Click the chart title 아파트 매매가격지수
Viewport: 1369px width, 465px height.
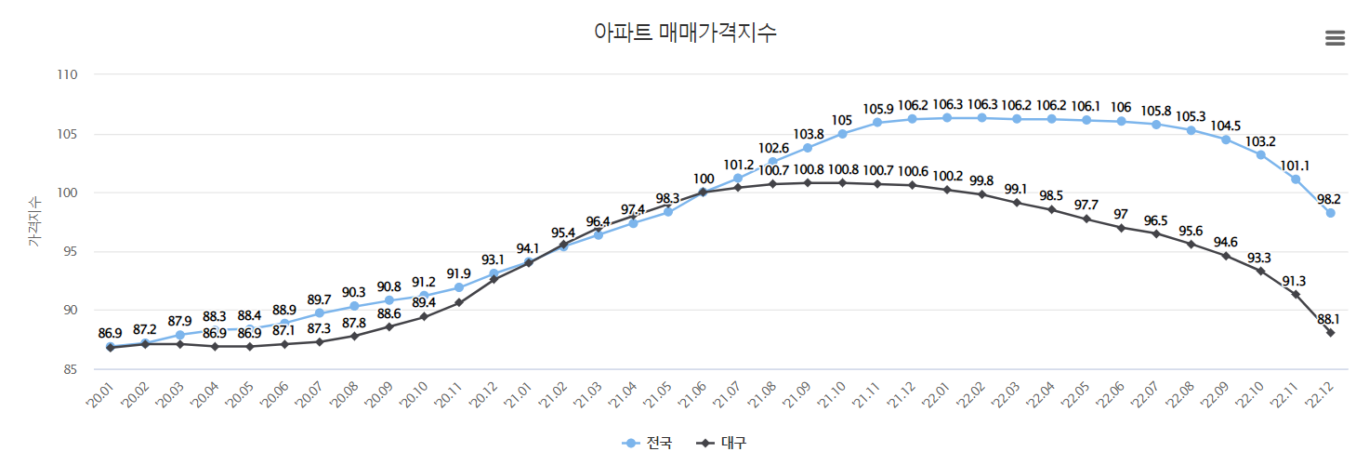(x=685, y=33)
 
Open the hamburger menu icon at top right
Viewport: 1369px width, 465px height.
(x=1335, y=38)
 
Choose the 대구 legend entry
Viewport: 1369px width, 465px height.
(x=722, y=443)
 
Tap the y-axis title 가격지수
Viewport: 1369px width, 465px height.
(x=33, y=221)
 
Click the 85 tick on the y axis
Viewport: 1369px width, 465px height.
(x=67, y=369)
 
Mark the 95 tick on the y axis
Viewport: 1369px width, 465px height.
(x=67, y=251)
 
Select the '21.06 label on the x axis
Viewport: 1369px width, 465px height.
(x=702, y=394)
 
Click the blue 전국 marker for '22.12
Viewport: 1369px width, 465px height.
(x=1330, y=213)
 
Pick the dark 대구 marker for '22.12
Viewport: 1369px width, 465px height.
(x=1330, y=332)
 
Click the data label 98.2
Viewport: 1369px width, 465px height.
(x=1330, y=198)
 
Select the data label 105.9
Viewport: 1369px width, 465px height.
(x=876, y=108)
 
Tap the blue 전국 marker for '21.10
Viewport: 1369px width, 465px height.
(x=842, y=134)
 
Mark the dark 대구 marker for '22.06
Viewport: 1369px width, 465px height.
(x=1121, y=228)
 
